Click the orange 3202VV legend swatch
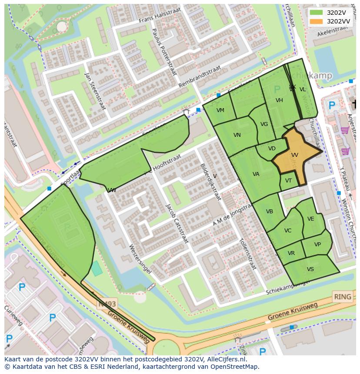point(317,21)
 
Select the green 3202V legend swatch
point(317,13)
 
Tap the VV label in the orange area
point(294,155)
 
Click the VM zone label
point(220,110)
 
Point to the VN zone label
point(237,135)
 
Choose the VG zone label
point(264,124)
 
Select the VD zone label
point(272,149)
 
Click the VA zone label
point(256,174)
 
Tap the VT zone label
point(288,181)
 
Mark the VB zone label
point(270,212)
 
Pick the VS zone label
point(310,269)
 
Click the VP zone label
point(317,245)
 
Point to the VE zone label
point(310,219)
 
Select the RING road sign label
point(342,297)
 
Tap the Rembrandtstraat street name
point(200,76)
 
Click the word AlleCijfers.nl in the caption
point(226,360)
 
